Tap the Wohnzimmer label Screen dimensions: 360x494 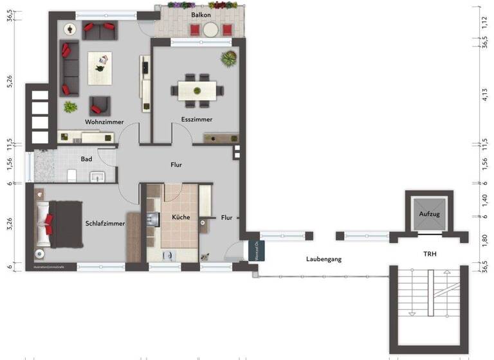point(104,122)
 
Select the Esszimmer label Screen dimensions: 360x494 point(197,120)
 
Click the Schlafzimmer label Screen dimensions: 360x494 point(105,224)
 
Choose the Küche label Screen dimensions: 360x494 point(181,217)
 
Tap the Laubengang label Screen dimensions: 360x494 point(323,259)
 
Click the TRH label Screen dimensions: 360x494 point(429,255)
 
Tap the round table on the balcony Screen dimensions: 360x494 point(211,29)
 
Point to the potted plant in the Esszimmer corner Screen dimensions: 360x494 point(228,60)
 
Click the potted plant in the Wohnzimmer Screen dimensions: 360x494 point(70,107)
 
